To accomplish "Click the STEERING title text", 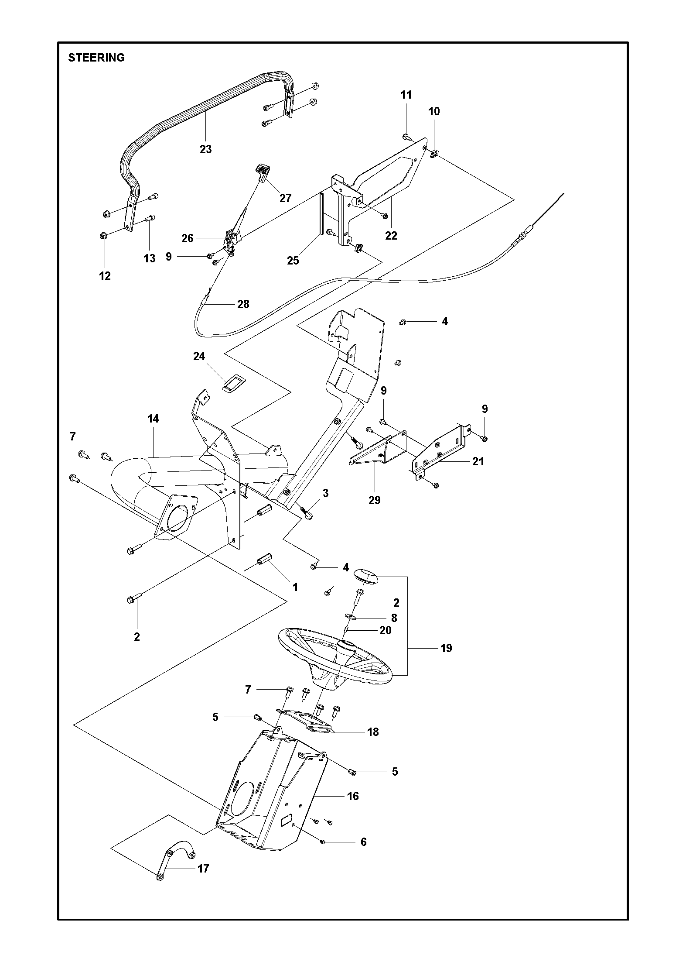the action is tap(96, 58).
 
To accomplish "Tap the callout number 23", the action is tap(206, 149).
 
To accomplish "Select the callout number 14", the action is tap(153, 419).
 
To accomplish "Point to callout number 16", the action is tap(353, 796).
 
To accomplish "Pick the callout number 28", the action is tap(243, 304).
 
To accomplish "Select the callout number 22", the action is tap(391, 236).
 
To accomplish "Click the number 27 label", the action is tap(285, 198).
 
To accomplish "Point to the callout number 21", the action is tap(478, 461).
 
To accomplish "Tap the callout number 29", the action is tap(375, 500).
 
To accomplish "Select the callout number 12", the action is tap(105, 276).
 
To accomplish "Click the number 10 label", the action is tap(434, 111).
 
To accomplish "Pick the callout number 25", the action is tap(293, 261).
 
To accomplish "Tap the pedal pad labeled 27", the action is tap(263, 172).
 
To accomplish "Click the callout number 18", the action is tap(373, 732).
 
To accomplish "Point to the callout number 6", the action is tap(364, 842).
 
